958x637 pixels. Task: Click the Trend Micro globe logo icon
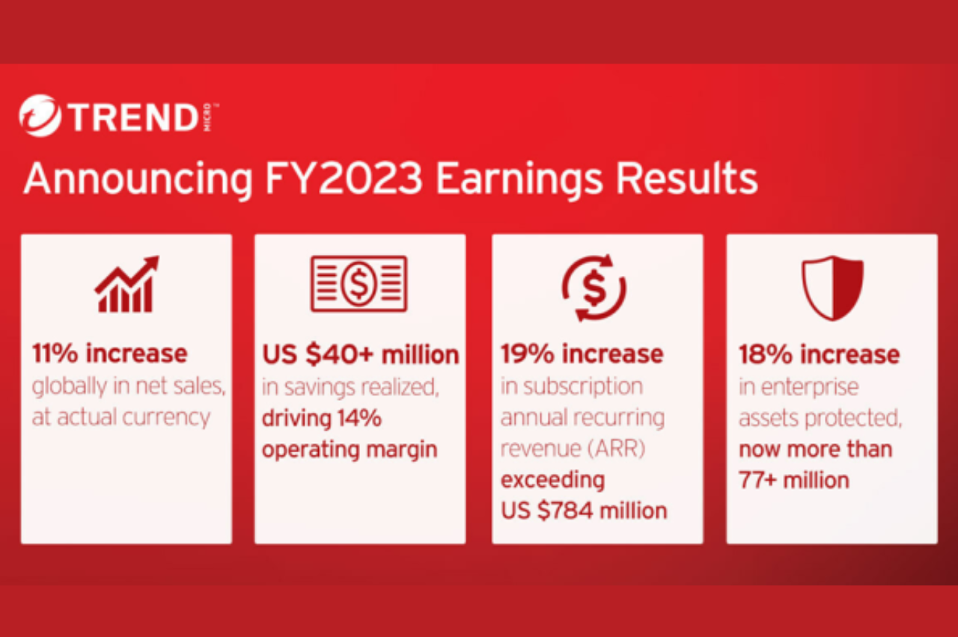(40, 115)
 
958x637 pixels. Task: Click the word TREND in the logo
(133, 117)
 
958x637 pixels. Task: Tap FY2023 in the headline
(344, 178)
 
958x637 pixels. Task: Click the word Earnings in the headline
(519, 180)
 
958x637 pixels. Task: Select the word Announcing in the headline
(138, 180)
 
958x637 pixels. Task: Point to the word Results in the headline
(686, 178)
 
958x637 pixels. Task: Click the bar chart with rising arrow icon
(126, 284)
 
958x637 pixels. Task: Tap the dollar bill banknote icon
(359, 283)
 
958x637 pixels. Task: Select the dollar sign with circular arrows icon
(594, 288)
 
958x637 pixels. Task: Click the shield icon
(832, 288)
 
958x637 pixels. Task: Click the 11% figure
(55, 354)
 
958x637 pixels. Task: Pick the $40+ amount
(340, 354)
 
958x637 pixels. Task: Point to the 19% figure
(528, 354)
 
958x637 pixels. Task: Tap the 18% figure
(766, 354)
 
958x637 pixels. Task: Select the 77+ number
(757, 480)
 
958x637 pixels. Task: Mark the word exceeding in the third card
(552, 481)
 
